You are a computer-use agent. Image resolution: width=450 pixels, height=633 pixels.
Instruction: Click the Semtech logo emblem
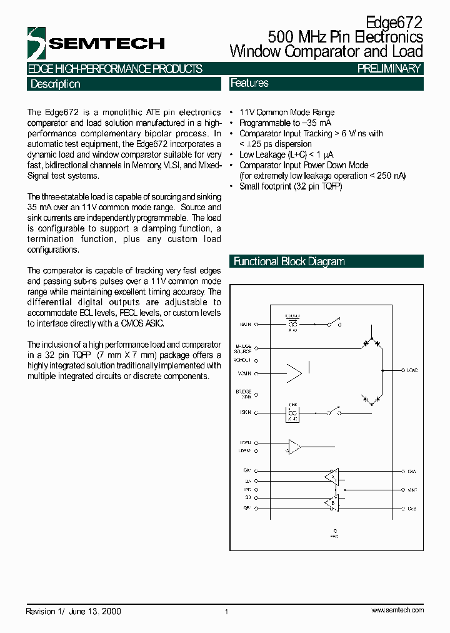pos(37,43)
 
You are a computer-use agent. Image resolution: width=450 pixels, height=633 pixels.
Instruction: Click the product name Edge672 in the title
pos(394,23)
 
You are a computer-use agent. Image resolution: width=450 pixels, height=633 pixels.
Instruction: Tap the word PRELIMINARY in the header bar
pos(389,69)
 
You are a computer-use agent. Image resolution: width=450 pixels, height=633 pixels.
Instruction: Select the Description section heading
pos(55,84)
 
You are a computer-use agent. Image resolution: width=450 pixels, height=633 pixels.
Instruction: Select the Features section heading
pos(249,83)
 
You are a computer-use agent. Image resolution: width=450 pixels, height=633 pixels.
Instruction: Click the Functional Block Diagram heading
pos(289,261)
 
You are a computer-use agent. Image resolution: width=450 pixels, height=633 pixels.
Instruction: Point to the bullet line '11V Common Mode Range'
pos(287,113)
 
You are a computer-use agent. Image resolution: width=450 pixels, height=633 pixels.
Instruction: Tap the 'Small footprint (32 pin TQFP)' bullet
pos(291,186)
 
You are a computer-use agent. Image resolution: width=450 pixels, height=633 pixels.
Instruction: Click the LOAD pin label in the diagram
pos(412,370)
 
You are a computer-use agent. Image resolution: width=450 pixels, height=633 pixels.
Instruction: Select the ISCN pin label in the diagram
pos(245,325)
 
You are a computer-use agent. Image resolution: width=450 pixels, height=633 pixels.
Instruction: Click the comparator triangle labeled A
pos(333,476)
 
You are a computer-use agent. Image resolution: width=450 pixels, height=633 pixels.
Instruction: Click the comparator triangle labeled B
pos(333,503)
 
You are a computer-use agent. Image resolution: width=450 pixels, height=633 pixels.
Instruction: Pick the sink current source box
pos(292,413)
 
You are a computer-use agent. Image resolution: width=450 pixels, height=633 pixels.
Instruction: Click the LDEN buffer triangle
pos(294,447)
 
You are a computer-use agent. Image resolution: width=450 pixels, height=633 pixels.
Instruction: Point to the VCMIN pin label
pos(244,373)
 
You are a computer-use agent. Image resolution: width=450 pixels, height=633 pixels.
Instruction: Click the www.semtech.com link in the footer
pos(397,610)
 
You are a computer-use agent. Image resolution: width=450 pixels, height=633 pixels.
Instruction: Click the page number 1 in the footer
pos(226,612)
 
